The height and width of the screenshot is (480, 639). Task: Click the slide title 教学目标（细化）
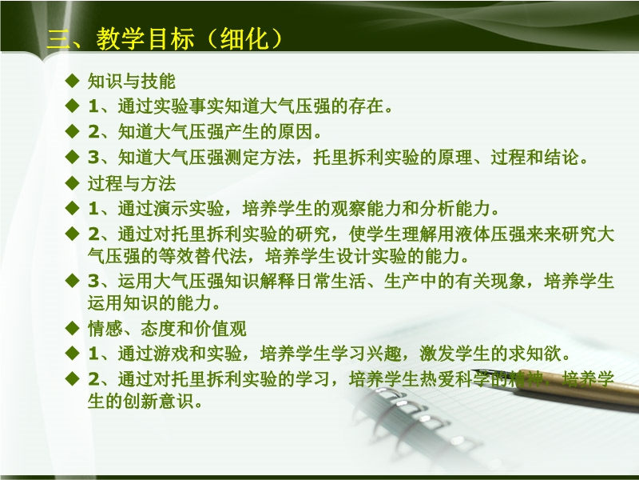pyautogui.click(x=189, y=38)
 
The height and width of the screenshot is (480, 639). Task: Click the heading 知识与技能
pyautogui.click(x=132, y=82)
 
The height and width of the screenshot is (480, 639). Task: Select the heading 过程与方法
pyautogui.click(x=132, y=183)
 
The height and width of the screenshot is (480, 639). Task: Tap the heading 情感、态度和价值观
pyautogui.click(x=167, y=329)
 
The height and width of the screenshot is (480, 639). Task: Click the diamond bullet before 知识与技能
pyautogui.click(x=72, y=81)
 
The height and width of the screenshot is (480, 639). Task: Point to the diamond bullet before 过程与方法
pyautogui.click(x=72, y=183)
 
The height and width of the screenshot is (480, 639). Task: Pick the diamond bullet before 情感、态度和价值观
pyautogui.click(x=72, y=328)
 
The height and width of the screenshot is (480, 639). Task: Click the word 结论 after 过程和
pyautogui.click(x=562, y=157)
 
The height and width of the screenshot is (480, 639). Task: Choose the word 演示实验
pyautogui.click(x=189, y=209)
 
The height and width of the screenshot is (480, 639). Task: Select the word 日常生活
pyautogui.click(x=331, y=282)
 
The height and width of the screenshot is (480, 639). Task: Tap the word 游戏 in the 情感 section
pyautogui.click(x=171, y=354)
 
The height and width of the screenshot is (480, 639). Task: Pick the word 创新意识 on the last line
pyautogui.click(x=158, y=402)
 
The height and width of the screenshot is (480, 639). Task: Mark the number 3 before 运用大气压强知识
pyautogui.click(x=93, y=282)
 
